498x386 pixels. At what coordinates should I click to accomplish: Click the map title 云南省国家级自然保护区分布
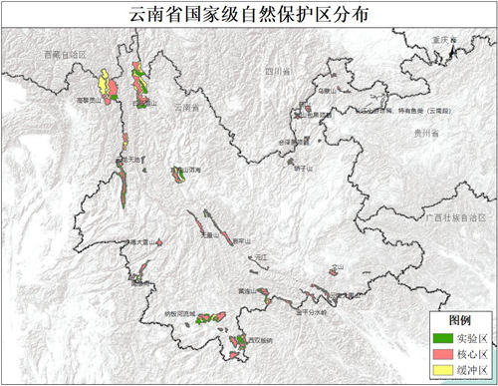point(249,13)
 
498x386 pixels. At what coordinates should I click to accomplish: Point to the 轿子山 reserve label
point(303,169)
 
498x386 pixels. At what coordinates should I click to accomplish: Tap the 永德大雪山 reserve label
point(138,241)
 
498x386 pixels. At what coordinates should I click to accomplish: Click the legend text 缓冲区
point(472,371)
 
